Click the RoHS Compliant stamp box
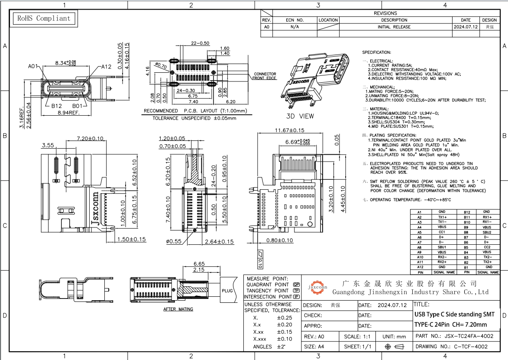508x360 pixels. (43, 19)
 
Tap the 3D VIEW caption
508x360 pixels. (300, 116)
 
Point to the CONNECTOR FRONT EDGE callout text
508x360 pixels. (265, 76)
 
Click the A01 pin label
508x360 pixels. (33, 67)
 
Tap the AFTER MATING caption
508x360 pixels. (178, 309)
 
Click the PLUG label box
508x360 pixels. (227, 291)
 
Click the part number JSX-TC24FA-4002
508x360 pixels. (468, 336)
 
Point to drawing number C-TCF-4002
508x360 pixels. (470, 347)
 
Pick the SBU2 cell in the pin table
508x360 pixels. (487, 232)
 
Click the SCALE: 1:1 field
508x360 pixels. (357, 337)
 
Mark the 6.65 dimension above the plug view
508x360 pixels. (199, 263)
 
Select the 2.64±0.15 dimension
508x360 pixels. (219, 242)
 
